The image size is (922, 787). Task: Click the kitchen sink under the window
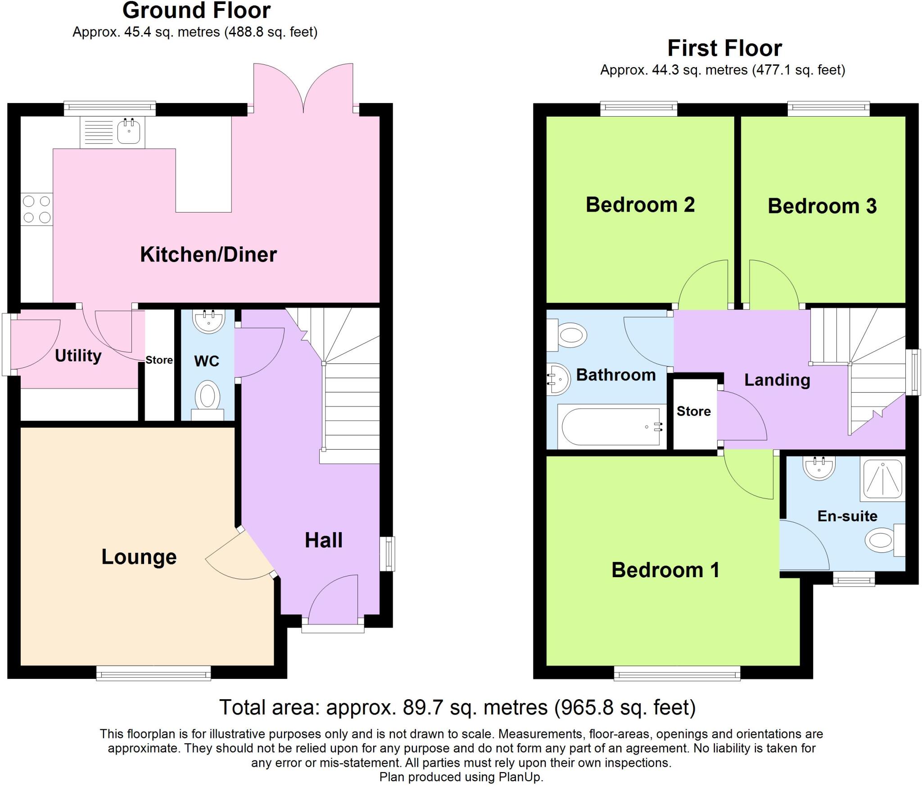(113, 132)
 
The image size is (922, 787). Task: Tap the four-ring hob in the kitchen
(37, 209)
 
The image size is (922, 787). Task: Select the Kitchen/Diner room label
(208, 255)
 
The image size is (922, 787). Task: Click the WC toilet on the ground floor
(208, 400)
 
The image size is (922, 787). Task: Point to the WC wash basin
(208, 321)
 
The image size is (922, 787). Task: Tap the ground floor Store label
(159, 360)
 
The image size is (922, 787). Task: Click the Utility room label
(78, 356)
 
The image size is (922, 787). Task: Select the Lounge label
(139, 557)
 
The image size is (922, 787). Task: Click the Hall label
(324, 540)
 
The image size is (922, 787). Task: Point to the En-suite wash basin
(819, 467)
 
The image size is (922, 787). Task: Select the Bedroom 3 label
(822, 206)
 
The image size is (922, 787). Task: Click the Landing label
(777, 380)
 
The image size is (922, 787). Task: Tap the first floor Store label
(694, 411)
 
